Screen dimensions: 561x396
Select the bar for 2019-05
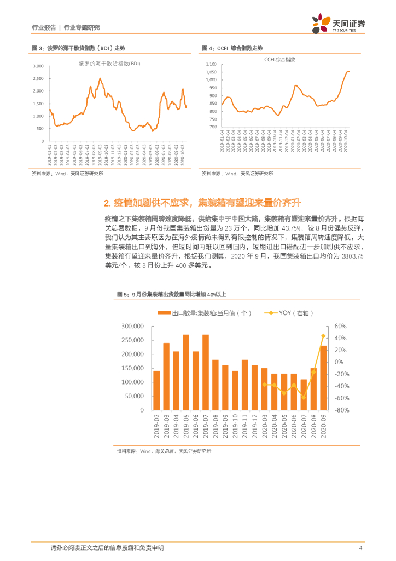[x=186, y=372]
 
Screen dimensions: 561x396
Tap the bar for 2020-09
[x=323, y=377]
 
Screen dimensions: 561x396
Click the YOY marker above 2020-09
[x=323, y=336]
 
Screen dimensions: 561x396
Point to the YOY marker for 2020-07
[x=304, y=397]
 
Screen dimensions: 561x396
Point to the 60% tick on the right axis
[x=341, y=326]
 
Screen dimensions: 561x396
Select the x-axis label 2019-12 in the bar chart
[x=254, y=426]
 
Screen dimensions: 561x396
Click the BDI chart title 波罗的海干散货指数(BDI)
[x=109, y=64]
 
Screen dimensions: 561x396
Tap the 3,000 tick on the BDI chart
[x=38, y=66]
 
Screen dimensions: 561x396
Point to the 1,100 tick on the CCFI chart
[x=211, y=65]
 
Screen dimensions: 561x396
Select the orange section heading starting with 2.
[x=202, y=203]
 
